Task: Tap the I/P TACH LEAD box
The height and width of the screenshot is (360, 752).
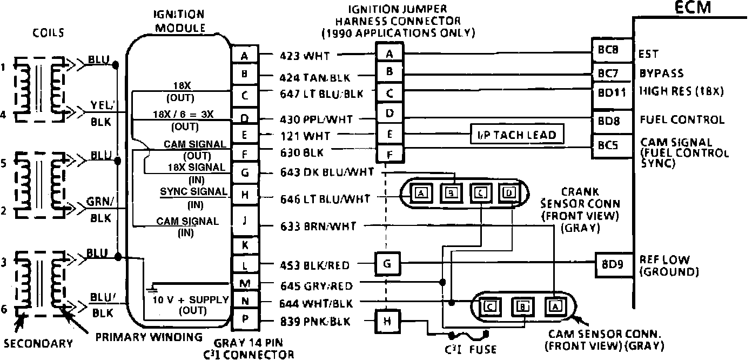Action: [517, 134]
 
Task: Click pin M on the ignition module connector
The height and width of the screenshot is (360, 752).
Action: [245, 283]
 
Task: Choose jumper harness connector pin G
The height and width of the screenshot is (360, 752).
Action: [387, 265]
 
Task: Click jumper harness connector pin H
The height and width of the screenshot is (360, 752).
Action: [387, 322]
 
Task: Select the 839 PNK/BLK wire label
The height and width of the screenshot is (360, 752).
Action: [315, 322]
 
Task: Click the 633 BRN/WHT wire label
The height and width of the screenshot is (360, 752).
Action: [318, 226]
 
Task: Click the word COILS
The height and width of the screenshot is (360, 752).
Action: [48, 33]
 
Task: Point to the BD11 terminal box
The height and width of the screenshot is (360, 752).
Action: [612, 92]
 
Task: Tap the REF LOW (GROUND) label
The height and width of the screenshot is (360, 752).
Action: [668, 265]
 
